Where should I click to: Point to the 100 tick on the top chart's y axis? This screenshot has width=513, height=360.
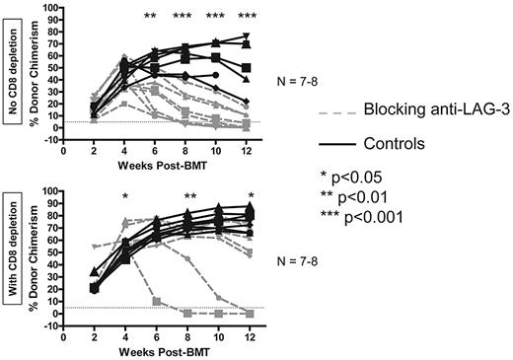click(54, 9)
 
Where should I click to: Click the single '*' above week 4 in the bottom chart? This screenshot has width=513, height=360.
click(125, 197)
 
